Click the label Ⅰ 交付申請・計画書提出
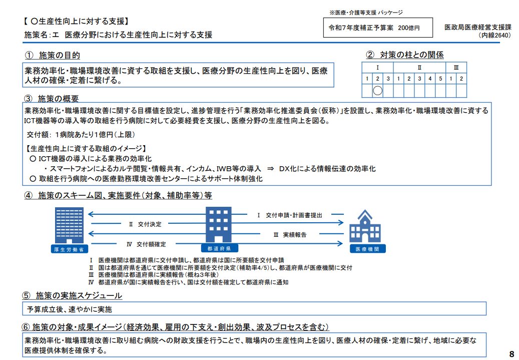click(289, 215)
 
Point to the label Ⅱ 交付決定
click(146, 224)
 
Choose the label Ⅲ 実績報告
click(290, 234)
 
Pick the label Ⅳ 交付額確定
click(146, 244)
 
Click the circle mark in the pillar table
click(378, 91)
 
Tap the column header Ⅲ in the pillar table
click(456, 67)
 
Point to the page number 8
click(511, 353)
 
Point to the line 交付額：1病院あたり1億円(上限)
click(81, 135)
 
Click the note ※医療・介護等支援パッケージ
click(366, 13)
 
